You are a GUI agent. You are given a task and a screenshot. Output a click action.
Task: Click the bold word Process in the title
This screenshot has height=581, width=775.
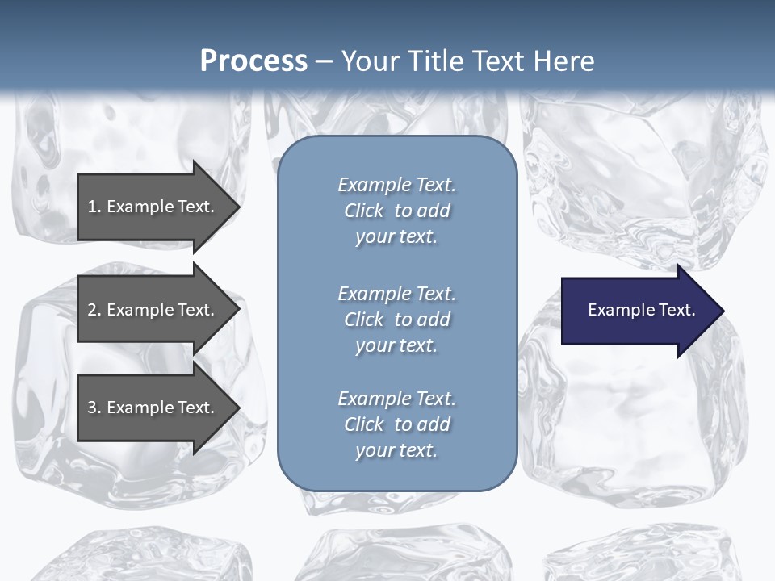253,61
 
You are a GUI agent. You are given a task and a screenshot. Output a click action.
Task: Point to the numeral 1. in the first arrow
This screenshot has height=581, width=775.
94,207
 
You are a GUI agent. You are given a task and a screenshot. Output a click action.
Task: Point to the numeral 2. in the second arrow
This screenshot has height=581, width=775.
94,310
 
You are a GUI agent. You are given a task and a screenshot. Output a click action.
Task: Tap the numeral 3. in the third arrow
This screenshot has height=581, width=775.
94,408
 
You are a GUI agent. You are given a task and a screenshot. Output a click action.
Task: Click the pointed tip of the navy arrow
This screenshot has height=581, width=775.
721,311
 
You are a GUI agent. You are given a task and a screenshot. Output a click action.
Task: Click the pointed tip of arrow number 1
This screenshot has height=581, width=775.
237,207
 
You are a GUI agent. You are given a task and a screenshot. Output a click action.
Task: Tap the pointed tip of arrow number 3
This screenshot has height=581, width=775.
237,408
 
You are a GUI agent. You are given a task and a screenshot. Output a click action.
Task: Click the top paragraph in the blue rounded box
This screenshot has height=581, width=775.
396,211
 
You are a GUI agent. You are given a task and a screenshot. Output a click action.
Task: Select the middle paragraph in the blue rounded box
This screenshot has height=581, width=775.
396,319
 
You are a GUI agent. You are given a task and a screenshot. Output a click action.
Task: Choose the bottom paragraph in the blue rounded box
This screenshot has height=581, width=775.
396,424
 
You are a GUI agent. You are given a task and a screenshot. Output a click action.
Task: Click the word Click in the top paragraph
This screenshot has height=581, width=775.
364,211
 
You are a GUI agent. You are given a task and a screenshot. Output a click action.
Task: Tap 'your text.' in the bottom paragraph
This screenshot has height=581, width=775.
396,451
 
